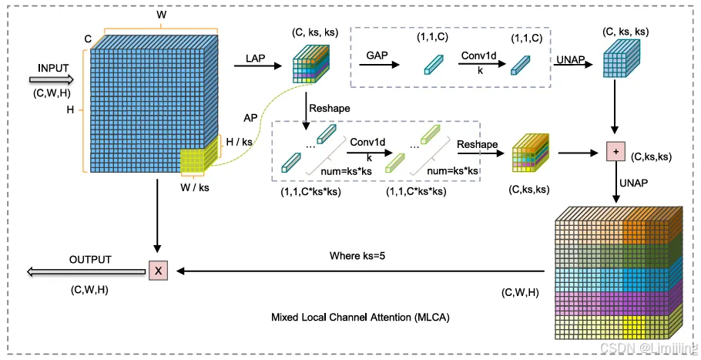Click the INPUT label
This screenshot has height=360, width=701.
[53, 69]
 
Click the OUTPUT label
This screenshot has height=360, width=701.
[91, 259]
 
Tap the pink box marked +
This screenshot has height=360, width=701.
[615, 150]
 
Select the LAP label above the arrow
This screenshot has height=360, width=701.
[256, 58]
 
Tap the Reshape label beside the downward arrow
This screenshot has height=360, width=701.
[324, 109]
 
